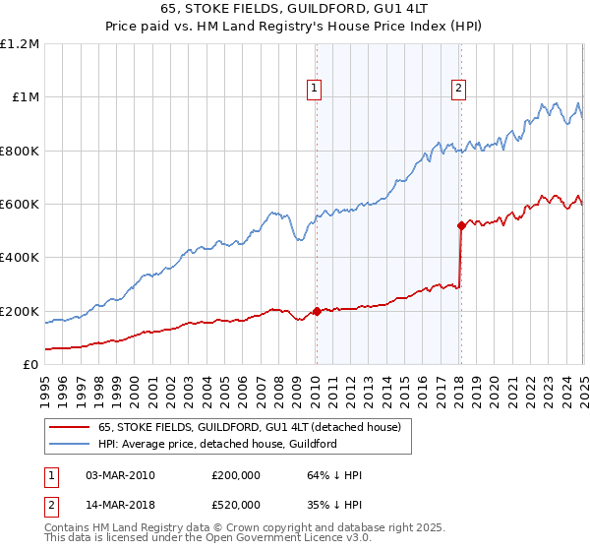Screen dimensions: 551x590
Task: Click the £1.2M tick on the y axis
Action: point(20,44)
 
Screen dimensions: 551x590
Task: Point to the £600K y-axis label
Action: point(20,205)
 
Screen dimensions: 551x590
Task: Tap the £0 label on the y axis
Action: point(31,365)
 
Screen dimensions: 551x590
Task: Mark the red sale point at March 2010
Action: point(316,311)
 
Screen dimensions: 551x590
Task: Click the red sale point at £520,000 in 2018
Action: point(460,225)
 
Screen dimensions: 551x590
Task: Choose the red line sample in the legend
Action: point(71,428)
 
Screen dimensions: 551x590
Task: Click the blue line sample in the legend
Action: point(71,444)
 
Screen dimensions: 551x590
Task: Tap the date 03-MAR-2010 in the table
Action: point(121,475)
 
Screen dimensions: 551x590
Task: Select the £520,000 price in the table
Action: point(236,505)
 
